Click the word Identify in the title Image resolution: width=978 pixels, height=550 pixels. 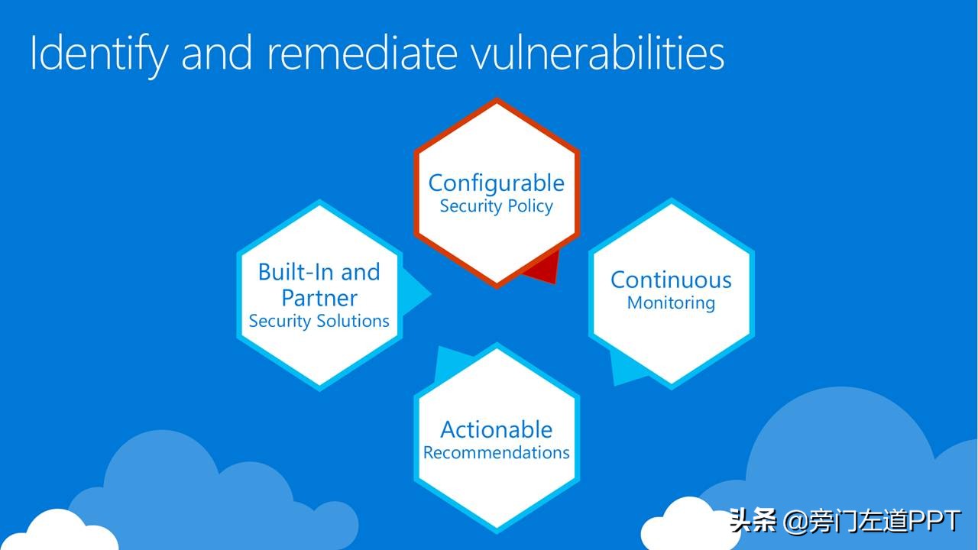click(99, 54)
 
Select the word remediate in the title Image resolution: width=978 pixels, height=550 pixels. click(362, 53)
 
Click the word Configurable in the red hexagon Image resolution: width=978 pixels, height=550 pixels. click(497, 183)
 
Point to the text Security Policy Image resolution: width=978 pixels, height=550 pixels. click(497, 206)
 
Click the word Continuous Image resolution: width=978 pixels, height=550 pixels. click(671, 280)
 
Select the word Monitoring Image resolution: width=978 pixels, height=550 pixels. click(671, 303)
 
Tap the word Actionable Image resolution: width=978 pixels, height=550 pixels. click(497, 430)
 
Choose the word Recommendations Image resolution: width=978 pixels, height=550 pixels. click(497, 453)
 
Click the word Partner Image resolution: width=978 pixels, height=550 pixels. click(319, 299)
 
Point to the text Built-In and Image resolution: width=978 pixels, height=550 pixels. click(319, 273)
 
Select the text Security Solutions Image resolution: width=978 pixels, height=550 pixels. click(319, 322)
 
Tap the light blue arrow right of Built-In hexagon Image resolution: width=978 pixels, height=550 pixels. click(415, 292)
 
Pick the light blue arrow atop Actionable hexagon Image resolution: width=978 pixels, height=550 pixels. click(451, 363)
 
